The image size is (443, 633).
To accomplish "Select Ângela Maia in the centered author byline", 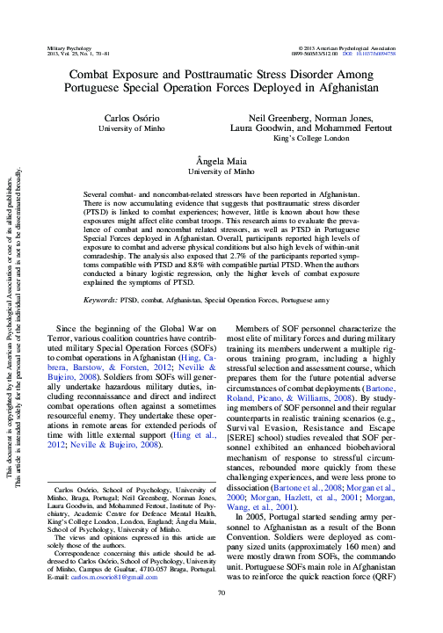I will click(x=221, y=161).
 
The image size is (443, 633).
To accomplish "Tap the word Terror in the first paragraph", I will click(x=60, y=338).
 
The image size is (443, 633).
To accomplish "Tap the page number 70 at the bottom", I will click(x=221, y=619).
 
